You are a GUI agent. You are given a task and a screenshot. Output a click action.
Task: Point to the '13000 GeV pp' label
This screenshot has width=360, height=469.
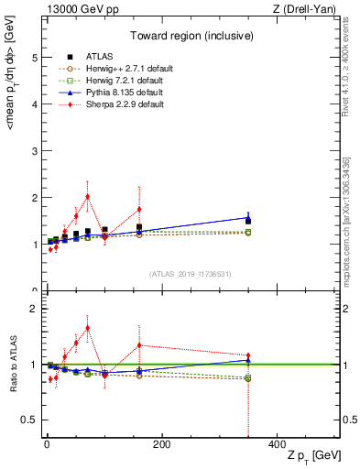[x=72, y=9]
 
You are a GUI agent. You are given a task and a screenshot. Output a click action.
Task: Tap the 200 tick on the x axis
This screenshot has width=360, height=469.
[x=161, y=444]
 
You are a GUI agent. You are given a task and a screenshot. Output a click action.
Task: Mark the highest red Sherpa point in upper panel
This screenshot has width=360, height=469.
[x=87, y=196]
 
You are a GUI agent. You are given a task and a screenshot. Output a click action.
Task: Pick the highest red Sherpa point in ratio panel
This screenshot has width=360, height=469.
[x=87, y=328]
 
